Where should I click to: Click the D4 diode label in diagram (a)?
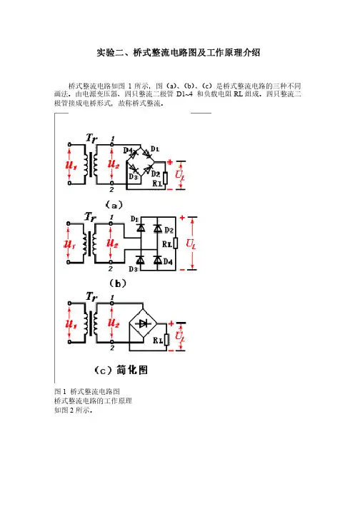pyautogui.click(x=127, y=151)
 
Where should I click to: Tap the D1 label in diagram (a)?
pyautogui.click(x=155, y=149)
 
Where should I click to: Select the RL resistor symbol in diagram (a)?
pyautogui.click(x=166, y=178)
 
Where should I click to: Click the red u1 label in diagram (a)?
pyautogui.click(x=71, y=165)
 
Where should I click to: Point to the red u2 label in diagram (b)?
pyautogui.click(x=112, y=243)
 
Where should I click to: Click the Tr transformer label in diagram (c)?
pyautogui.click(x=91, y=297)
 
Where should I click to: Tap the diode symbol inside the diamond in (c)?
pyautogui.click(x=143, y=323)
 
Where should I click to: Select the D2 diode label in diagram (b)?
pyautogui.click(x=169, y=230)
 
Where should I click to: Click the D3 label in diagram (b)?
pyautogui.click(x=133, y=269)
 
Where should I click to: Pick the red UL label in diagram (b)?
pyautogui.click(x=191, y=243)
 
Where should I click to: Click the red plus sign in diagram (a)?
pyautogui.click(x=170, y=162)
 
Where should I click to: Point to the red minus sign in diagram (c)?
pyautogui.click(x=170, y=350)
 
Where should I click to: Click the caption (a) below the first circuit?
pyautogui.click(x=114, y=205)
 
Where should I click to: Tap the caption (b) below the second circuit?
pyautogui.click(x=118, y=283)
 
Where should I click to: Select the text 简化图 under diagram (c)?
pyautogui.click(x=132, y=370)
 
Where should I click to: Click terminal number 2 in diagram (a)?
pyautogui.click(x=111, y=190)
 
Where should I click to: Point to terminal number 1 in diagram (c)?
pyautogui.click(x=112, y=298)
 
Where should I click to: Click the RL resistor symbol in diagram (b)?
pyautogui.click(x=176, y=243)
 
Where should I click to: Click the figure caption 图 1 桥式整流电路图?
pyautogui.click(x=87, y=391)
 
